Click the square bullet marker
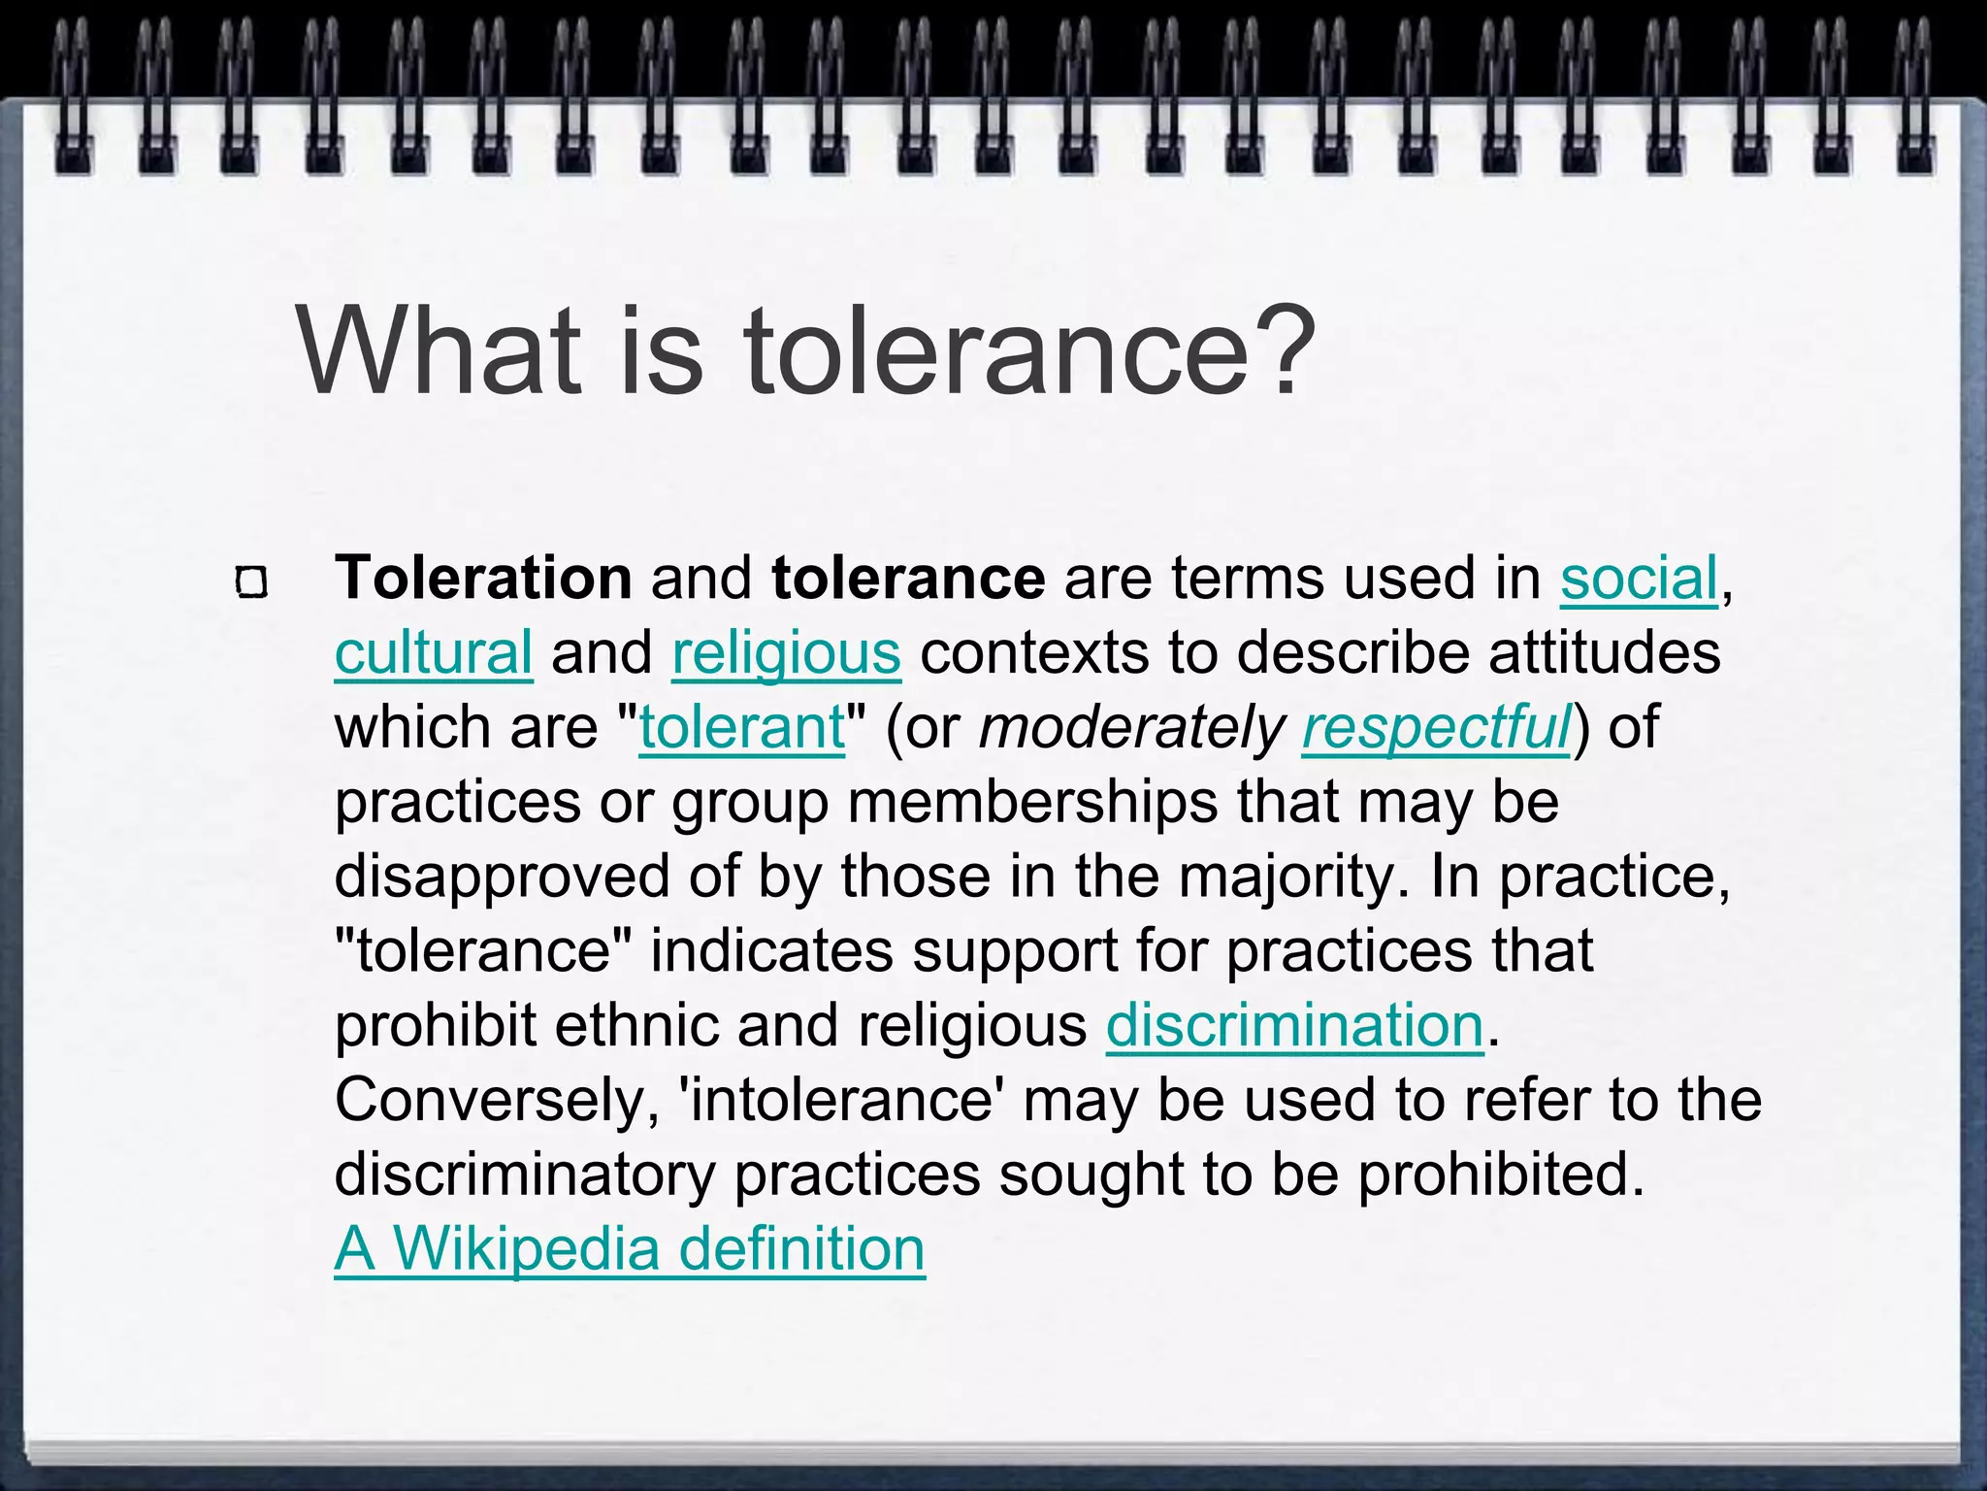click(251, 582)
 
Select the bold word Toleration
click(483, 579)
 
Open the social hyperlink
click(1639, 579)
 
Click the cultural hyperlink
click(433, 653)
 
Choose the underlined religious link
click(786, 653)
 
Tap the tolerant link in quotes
click(742, 728)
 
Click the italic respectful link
click(1436, 728)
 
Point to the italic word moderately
click(1131, 728)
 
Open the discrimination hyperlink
click(1294, 1026)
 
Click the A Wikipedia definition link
click(630, 1249)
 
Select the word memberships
click(1032, 803)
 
